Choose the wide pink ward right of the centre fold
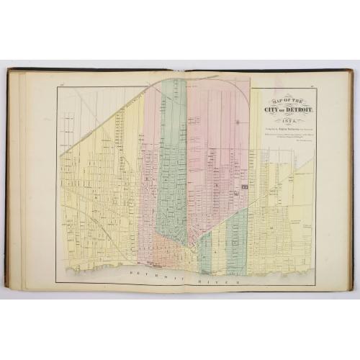point(216,144)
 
